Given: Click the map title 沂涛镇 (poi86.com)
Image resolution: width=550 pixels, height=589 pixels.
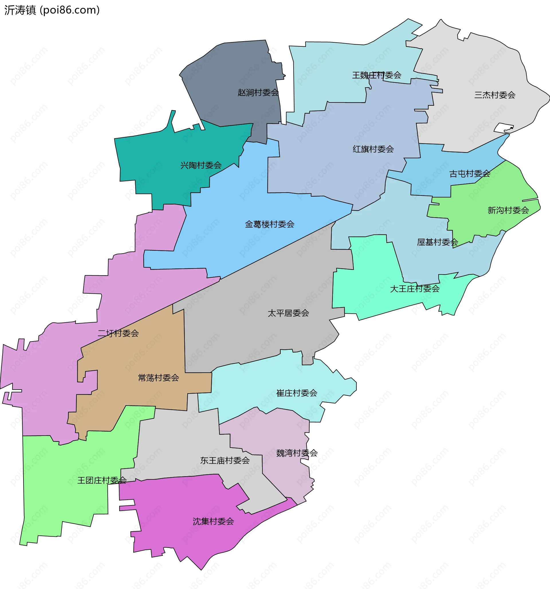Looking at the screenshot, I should click(52, 10).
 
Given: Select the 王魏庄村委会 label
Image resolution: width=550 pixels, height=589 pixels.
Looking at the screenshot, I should click(377, 75).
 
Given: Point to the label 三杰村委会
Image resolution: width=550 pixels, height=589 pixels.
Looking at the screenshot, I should click(494, 95).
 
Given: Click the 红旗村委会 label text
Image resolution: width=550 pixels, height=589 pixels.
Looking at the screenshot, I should click(373, 149).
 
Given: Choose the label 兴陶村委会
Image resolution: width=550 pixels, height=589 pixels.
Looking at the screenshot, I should click(201, 165).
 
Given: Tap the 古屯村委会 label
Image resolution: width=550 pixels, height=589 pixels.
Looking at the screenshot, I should click(470, 174).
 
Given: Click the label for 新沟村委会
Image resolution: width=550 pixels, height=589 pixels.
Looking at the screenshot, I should click(508, 210).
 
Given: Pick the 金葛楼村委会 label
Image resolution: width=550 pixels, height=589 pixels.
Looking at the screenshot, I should click(270, 224).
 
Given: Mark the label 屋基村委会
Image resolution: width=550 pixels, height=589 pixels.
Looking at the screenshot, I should click(437, 242).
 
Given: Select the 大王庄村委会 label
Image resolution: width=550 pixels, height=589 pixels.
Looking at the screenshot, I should click(415, 288).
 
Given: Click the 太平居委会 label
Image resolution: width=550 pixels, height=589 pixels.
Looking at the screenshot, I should click(288, 313).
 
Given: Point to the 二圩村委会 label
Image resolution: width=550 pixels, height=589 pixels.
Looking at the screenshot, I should click(118, 333).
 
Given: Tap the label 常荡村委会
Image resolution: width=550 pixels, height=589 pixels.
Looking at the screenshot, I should click(158, 378).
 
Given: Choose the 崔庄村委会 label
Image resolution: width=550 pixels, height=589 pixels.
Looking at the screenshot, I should click(296, 393).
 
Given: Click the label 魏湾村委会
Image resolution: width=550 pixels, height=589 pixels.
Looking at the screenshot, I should click(297, 453).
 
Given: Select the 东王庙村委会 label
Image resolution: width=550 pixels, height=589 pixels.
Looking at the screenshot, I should click(225, 460).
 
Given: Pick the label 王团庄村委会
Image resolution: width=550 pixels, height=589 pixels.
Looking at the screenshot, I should click(102, 480).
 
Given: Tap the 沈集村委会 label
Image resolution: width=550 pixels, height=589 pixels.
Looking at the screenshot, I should click(213, 521).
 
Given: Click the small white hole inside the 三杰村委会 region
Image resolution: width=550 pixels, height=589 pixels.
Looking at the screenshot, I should click(503, 128).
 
